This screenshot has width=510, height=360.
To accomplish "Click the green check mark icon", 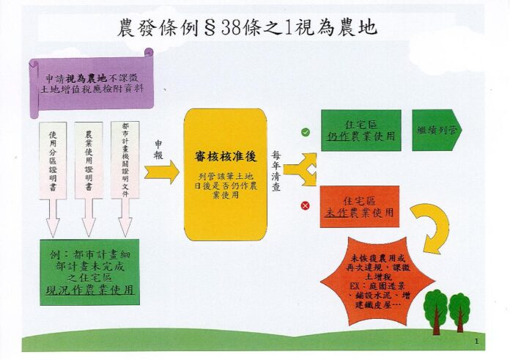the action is [x=305, y=132].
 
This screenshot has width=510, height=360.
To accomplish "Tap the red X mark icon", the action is [x=305, y=206].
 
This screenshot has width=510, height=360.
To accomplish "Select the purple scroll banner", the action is [x=92, y=84].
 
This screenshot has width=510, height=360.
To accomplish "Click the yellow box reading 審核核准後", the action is [x=226, y=175].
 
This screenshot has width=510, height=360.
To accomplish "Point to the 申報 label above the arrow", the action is [x=158, y=150].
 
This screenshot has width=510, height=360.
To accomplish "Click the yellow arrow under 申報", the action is [x=162, y=172].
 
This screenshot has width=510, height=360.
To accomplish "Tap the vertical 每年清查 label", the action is [x=276, y=171].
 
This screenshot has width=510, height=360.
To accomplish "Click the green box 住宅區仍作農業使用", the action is [x=361, y=131].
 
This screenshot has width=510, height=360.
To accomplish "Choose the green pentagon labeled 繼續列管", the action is [x=437, y=131].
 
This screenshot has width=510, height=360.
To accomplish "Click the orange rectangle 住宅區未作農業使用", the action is [x=360, y=207].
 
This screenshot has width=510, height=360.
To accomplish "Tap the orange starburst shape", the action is [x=377, y=282].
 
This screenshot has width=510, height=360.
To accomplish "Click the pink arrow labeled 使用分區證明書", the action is [x=53, y=179].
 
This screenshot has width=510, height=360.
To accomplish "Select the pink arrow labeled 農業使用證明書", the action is [x=89, y=179].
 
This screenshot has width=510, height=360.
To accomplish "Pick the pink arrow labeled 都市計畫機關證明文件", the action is [x=125, y=179].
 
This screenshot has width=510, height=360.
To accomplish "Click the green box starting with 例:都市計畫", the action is [x=90, y=272].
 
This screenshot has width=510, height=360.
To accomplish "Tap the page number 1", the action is [x=477, y=342].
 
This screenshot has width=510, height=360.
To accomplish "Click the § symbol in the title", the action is [x=210, y=28].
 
